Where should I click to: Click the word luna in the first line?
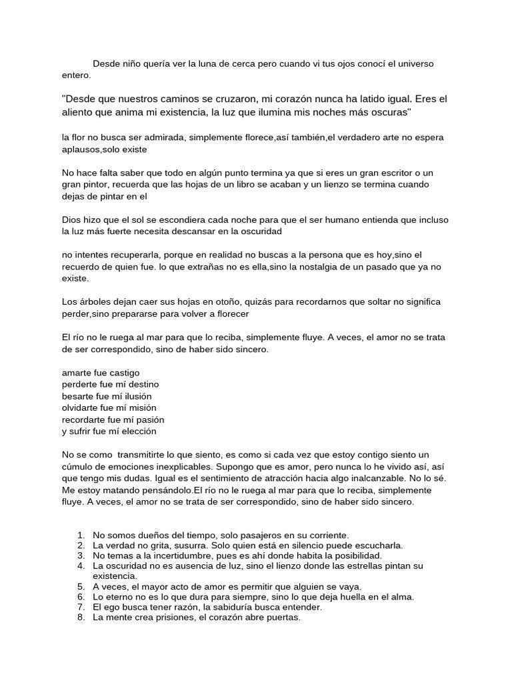point(207,64)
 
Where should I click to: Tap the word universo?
point(413,64)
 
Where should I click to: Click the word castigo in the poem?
point(123,372)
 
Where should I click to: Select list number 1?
point(81,535)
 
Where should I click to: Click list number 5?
point(81,586)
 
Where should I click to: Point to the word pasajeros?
point(245,535)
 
